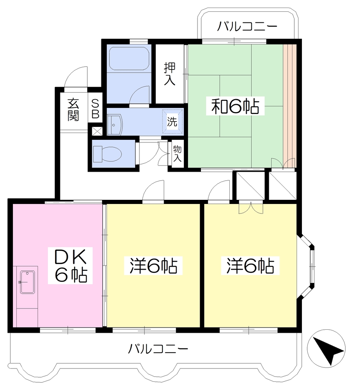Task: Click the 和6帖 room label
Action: click(x=235, y=106)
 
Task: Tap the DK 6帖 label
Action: click(x=70, y=266)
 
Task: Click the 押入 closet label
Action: click(x=169, y=74)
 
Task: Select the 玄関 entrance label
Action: click(x=73, y=110)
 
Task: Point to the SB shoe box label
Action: click(x=95, y=109)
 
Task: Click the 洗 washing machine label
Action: click(x=172, y=122)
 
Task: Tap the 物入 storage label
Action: click(x=177, y=153)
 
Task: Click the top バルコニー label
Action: click(x=247, y=26)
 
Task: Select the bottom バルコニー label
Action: click(x=158, y=349)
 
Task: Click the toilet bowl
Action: click(x=107, y=154)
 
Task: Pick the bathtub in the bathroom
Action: click(x=129, y=59)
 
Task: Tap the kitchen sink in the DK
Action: click(x=27, y=282)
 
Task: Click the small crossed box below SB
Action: click(x=97, y=131)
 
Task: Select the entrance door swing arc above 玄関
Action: click(x=76, y=77)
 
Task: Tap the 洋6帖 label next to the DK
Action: click(x=153, y=266)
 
